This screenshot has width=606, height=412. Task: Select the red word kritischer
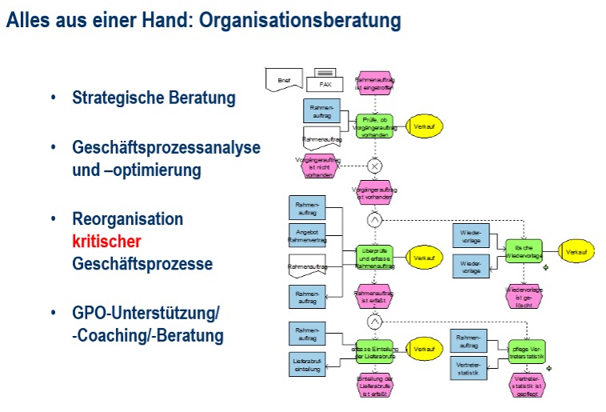click(107, 241)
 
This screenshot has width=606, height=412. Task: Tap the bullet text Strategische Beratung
click(153, 98)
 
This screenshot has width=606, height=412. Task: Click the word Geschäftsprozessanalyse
click(166, 148)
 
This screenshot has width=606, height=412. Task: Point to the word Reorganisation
click(128, 219)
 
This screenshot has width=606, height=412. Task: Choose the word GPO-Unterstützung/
click(146, 313)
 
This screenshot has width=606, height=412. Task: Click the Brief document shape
click(285, 81)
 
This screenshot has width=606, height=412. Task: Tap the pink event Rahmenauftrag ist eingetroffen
click(374, 83)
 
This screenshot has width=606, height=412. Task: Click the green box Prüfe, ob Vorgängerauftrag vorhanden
click(374, 125)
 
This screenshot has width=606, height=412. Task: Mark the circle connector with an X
click(374, 166)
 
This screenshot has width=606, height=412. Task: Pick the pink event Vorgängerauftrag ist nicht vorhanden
click(318, 167)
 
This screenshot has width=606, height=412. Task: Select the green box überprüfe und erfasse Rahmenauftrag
click(374, 258)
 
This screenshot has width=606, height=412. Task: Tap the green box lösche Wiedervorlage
click(524, 251)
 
